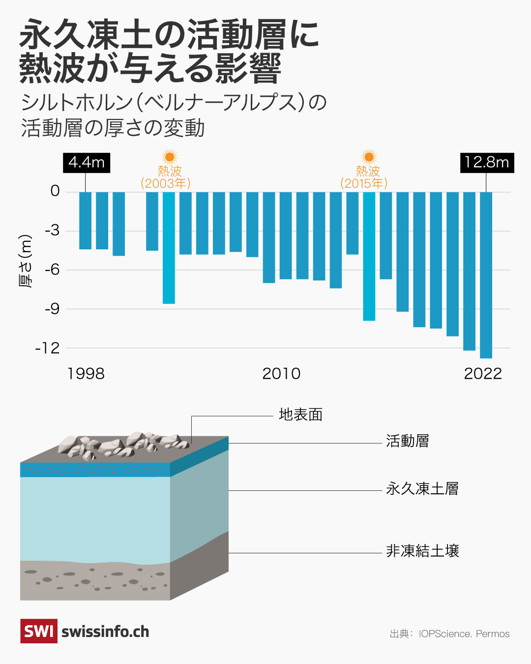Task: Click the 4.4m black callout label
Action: tap(87, 162)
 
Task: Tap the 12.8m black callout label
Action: tap(487, 162)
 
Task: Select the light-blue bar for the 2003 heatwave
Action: tap(169, 248)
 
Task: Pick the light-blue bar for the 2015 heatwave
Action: tap(369, 256)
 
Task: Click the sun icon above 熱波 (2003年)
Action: tap(169, 157)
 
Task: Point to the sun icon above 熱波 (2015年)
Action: tap(369, 157)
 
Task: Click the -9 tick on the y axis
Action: tap(52, 309)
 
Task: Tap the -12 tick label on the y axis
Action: tap(47, 348)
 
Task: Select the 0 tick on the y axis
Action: tap(55, 191)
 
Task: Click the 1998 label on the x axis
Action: tap(86, 374)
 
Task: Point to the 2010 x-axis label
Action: tap(281, 374)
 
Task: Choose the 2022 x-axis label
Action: tap(483, 374)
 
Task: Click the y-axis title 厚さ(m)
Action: tap(26, 261)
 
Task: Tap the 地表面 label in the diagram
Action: tap(300, 415)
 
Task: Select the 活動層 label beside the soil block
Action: tap(407, 441)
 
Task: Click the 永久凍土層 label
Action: tap(422, 488)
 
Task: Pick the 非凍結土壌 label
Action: tap(422, 551)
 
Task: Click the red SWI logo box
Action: tap(38, 631)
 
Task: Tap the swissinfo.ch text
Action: tap(105, 632)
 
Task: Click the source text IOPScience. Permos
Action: tap(464, 634)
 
